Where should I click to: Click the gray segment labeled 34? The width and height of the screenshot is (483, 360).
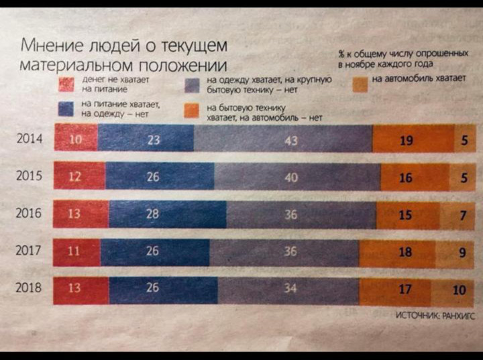pyautogui.click(x=288, y=290)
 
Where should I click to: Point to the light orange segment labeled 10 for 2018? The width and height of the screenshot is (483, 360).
pyautogui.click(x=458, y=290)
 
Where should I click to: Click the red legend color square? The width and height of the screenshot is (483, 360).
pyautogui.click(x=66, y=84)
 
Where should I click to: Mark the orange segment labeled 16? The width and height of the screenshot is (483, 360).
pyautogui.click(x=407, y=178)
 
